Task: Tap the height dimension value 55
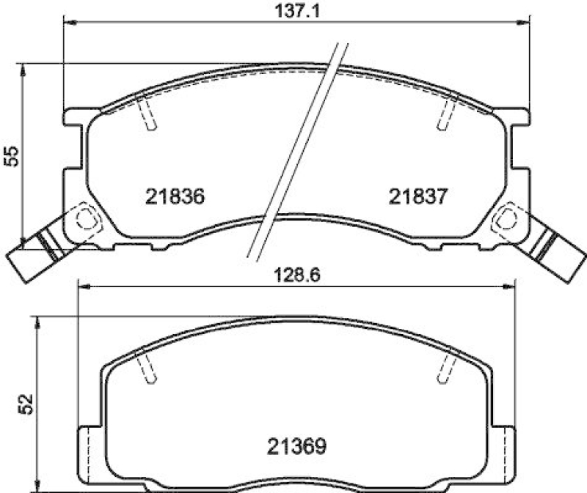click(12, 155)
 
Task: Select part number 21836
click(174, 196)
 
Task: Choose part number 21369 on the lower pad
click(296, 445)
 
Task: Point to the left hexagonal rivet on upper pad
click(85, 218)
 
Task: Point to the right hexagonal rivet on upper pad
click(506, 218)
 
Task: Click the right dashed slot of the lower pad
click(445, 367)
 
